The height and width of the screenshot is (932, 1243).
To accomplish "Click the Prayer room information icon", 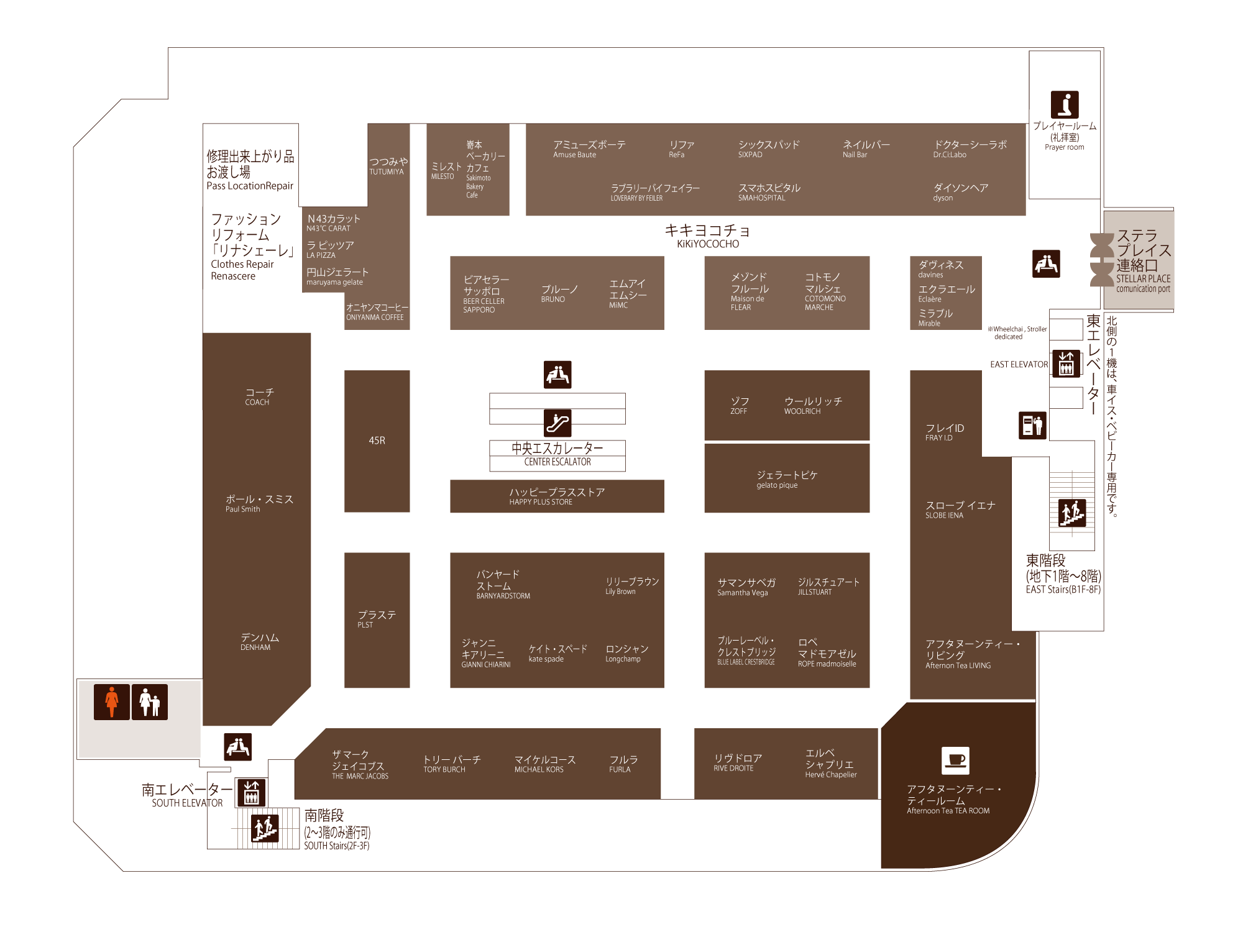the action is (x=1065, y=104).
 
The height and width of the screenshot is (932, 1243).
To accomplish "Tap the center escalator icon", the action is (x=557, y=423).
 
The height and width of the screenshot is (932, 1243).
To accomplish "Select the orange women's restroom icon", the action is (x=112, y=702).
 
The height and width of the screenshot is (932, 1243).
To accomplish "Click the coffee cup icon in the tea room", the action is (x=956, y=761).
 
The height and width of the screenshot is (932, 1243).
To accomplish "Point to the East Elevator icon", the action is (x=1066, y=364).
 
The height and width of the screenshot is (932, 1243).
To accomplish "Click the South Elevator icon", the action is (x=252, y=793).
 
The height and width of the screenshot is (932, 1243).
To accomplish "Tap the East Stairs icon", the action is (x=1072, y=513).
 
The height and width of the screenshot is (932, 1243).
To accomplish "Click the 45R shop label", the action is (x=377, y=441).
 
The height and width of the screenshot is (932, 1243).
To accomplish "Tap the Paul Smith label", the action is (x=259, y=503).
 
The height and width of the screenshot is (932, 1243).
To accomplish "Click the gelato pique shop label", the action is (x=787, y=480).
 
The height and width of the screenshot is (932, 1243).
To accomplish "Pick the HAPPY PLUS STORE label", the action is (x=557, y=496).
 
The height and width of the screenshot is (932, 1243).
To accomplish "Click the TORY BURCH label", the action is (x=452, y=764).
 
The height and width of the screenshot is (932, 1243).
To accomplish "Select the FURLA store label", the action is (x=623, y=764).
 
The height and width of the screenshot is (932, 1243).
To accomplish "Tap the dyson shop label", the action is (x=960, y=193).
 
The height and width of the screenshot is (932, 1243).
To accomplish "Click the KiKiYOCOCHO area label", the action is (x=708, y=236).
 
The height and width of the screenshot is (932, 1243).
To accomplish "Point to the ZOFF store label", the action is (x=740, y=406).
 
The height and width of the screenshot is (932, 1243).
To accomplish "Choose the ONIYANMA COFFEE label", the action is (x=377, y=312).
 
